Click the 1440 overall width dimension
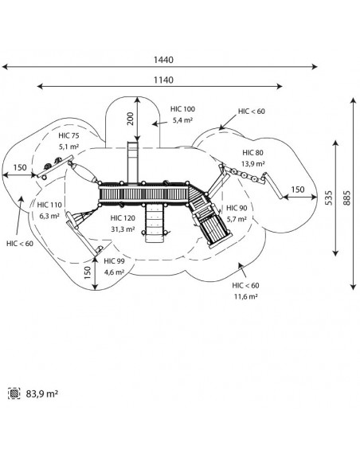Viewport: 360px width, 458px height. coord(163,60)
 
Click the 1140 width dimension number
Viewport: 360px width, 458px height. coord(163,80)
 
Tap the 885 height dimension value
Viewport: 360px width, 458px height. coord(346,198)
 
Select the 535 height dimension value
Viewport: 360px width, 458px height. coord(329,198)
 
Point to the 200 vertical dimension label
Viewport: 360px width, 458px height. coord(131,119)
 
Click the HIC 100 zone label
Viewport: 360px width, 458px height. coord(182,109)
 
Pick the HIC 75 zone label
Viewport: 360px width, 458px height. coord(68,135)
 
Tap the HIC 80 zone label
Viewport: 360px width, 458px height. coord(252,152)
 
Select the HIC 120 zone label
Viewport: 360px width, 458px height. coord(123,218)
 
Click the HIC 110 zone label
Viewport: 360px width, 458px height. coord(49,205)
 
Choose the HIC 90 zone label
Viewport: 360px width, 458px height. coord(237,208)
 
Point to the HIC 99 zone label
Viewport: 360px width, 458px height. coord(114,260)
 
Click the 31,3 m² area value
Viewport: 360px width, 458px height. coord(123,229)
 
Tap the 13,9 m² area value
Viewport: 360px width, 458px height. coord(252,163)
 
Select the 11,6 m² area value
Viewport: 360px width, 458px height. coord(245,296)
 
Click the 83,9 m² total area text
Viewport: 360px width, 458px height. coord(42,393)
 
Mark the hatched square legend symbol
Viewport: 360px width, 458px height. coord(14,393)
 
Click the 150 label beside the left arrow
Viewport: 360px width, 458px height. coord(20,167)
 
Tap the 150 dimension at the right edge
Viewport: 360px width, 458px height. coord(298,190)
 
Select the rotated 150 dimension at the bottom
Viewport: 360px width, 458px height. coord(88,273)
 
